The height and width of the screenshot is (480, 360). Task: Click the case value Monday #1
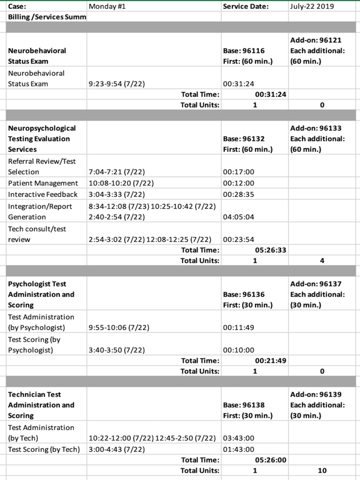tap(108, 6)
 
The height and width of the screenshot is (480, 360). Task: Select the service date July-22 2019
tap(312, 6)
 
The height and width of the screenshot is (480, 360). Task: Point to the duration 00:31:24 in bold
tap(270, 94)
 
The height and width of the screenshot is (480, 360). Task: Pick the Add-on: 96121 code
tap(316, 40)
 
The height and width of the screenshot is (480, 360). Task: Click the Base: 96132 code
tap(244, 139)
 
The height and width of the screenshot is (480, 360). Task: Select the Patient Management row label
tap(43, 183)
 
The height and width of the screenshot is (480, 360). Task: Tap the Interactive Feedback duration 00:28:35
tap(238, 194)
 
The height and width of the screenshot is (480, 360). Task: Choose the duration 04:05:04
tap(238, 217)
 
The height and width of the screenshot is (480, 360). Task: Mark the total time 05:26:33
tap(270, 250)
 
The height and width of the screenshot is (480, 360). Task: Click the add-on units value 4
tap(321, 261)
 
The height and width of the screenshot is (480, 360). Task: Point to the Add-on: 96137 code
tap(316, 284)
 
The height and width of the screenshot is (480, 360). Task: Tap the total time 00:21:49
tap(270, 361)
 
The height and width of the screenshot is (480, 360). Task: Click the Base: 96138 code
tap(244, 405)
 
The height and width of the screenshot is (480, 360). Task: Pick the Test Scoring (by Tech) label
tap(44, 449)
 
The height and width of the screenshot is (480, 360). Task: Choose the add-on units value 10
tap(321, 470)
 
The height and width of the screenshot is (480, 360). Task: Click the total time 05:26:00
tap(270, 459)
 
